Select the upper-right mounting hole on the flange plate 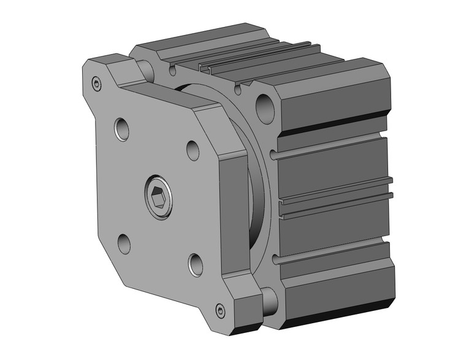(193, 150)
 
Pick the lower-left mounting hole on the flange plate (124, 243)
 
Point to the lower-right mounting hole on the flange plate (196, 264)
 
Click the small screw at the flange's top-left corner (96, 84)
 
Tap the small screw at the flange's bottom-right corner (221, 310)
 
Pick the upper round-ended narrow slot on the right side (331, 148)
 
